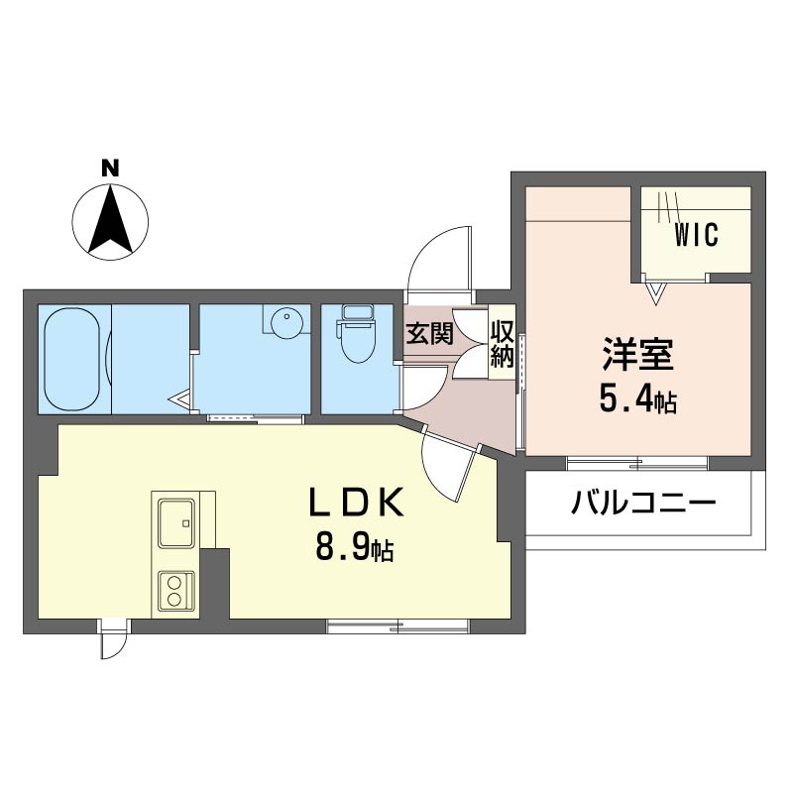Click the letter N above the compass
(110, 168)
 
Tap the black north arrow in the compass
(110, 221)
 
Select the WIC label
(696, 235)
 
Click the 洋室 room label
(637, 354)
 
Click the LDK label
(357, 502)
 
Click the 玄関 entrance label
(430, 334)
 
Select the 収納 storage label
(503, 344)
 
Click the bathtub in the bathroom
(71, 360)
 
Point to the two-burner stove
(176, 591)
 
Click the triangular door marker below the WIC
(656, 293)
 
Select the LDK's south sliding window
(398, 625)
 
